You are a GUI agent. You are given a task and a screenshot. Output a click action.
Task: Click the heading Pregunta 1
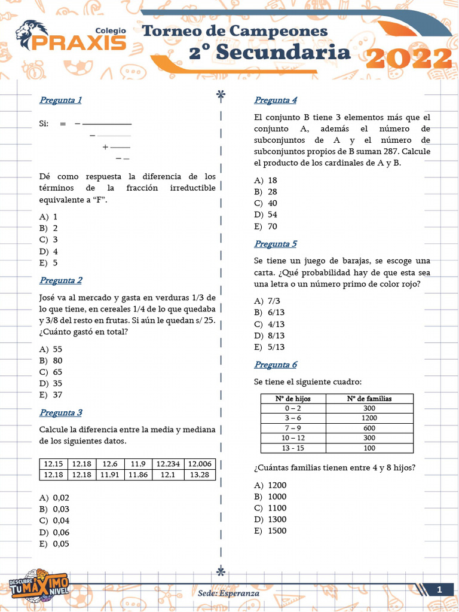[x=60, y=100]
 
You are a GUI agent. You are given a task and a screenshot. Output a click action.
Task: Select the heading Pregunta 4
[x=276, y=100]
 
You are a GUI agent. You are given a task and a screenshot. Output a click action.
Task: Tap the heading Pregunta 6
[x=276, y=365]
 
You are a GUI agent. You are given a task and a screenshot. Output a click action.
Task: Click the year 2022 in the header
[x=409, y=59]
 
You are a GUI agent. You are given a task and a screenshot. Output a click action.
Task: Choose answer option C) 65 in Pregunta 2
[x=51, y=372]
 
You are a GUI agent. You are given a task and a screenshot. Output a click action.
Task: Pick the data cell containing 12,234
[x=168, y=464]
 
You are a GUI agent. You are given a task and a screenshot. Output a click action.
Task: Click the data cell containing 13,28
[x=199, y=475]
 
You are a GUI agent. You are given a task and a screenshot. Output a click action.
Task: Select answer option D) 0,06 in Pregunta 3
[x=54, y=532]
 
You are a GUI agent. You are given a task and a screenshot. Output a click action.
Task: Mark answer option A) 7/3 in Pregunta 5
[x=268, y=301]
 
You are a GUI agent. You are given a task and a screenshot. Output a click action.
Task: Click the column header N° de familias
[x=369, y=399]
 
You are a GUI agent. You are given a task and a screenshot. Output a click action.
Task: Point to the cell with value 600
[x=369, y=428]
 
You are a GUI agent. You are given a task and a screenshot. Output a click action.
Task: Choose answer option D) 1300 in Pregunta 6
[x=270, y=519]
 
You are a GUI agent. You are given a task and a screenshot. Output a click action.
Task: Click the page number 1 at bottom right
[x=439, y=590]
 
